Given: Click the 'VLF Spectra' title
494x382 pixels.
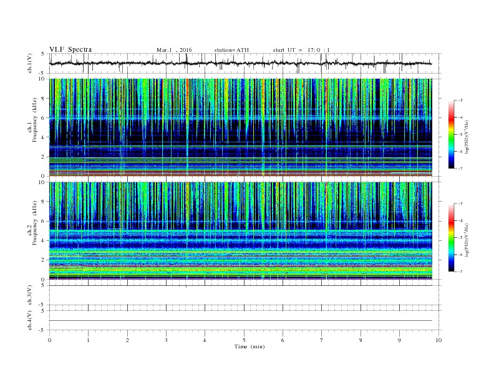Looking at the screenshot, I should click(x=70, y=49).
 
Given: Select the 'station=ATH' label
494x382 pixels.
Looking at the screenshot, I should click(x=230, y=50).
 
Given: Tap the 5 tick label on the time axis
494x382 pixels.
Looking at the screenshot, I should click(x=244, y=340).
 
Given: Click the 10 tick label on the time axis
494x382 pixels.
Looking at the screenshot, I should click(x=438, y=340).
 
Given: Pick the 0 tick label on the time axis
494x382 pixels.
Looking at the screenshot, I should click(x=49, y=340).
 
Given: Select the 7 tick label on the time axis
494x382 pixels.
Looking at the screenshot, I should click(x=322, y=340).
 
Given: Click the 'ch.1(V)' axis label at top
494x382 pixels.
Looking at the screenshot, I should click(x=30, y=64).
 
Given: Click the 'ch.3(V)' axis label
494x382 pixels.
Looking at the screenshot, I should click(x=30, y=295).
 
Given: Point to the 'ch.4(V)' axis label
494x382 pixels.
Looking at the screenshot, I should click(x=30, y=320).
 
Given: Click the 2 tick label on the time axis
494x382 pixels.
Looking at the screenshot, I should click(x=127, y=340).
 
